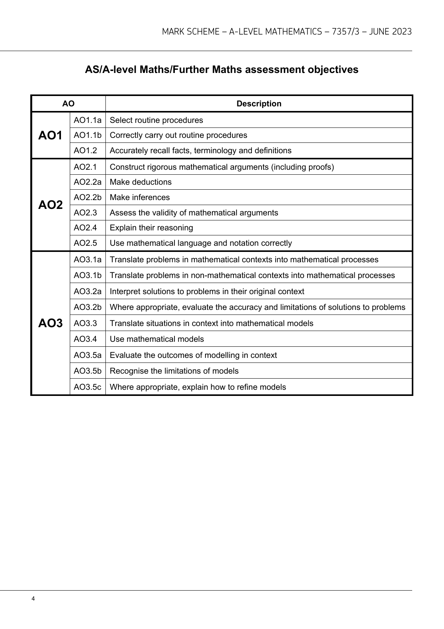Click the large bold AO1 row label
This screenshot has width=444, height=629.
[50, 136]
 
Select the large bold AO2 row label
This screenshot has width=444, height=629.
[50, 205]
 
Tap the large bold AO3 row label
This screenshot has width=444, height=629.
[50, 323]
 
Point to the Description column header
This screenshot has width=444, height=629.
[259, 104]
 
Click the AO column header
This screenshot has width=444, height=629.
[68, 104]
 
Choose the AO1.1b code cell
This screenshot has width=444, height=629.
[87, 135]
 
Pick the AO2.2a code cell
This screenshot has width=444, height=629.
[87, 182]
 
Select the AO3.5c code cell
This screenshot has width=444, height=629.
[87, 387]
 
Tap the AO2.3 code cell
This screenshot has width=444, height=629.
[86, 213]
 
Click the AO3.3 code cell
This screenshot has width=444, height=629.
[86, 323]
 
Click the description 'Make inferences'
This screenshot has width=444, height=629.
[140, 197]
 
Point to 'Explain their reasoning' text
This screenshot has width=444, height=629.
[151, 228]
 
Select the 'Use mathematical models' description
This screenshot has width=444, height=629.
[157, 339]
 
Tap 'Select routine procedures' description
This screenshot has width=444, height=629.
[156, 120]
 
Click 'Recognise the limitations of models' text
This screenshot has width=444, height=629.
[174, 371]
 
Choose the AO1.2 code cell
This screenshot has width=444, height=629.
[86, 151]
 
